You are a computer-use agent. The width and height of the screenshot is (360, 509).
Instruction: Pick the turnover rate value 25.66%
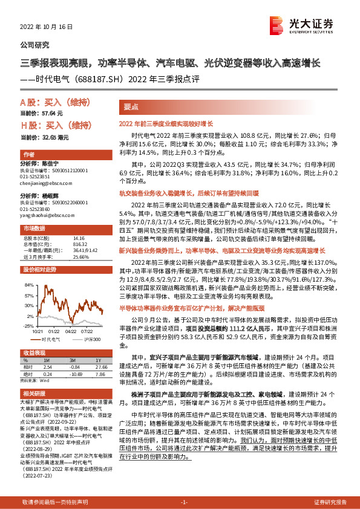(81, 256)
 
